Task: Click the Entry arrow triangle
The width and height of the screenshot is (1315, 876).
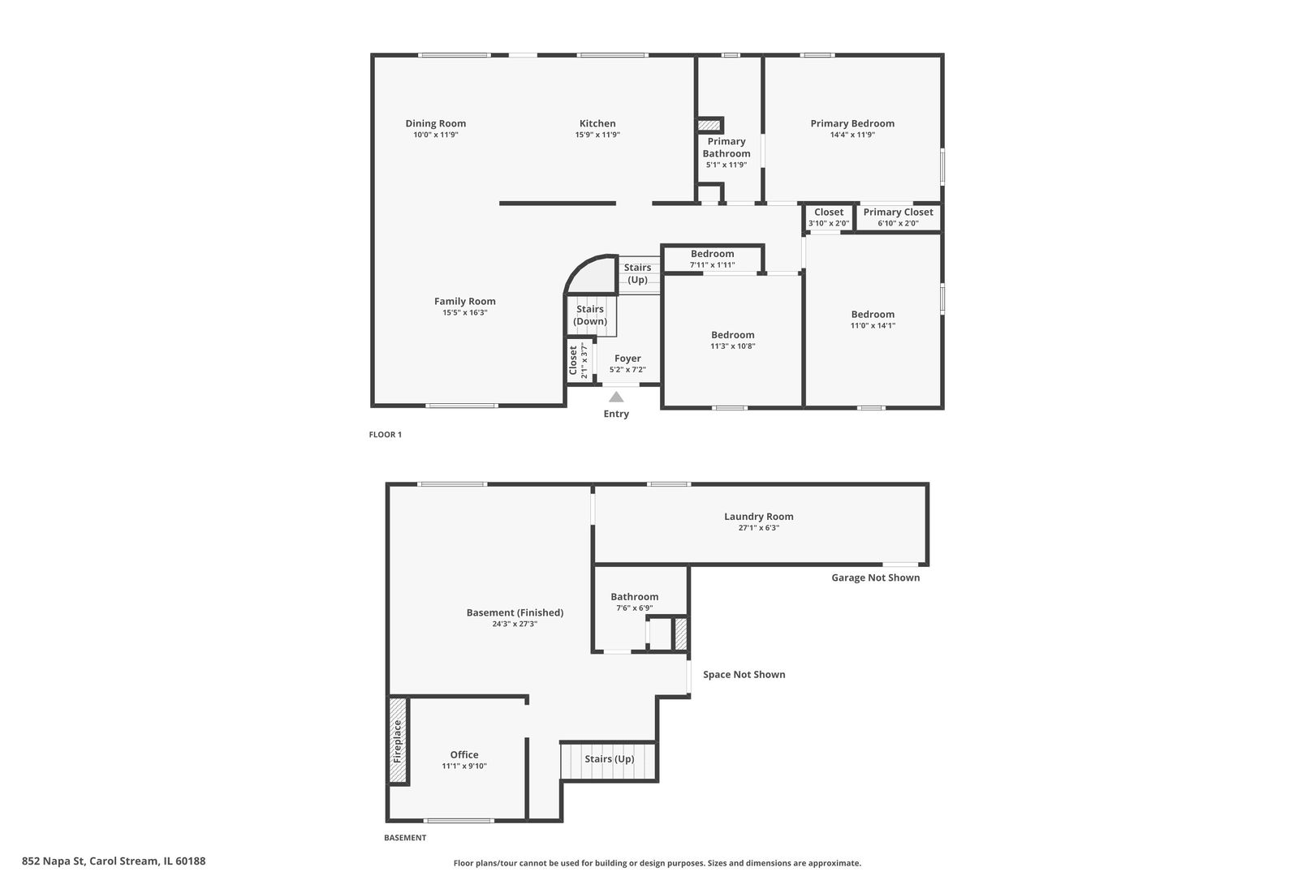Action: (616, 397)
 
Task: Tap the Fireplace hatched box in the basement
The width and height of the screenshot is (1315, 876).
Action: (398, 740)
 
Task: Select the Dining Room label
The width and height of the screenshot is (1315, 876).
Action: (436, 123)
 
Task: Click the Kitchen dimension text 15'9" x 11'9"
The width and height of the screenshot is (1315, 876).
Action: (597, 135)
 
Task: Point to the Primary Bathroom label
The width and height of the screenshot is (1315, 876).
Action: (726, 147)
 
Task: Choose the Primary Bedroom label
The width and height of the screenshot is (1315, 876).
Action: (852, 123)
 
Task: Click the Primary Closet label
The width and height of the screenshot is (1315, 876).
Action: (898, 212)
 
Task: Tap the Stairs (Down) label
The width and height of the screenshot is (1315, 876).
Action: (590, 315)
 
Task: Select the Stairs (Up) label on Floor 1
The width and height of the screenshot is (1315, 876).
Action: (637, 273)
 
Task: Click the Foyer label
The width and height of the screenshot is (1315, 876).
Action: (627, 358)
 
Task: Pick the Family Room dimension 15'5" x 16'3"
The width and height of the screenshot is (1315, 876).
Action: (464, 312)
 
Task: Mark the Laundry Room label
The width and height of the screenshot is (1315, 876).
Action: (759, 516)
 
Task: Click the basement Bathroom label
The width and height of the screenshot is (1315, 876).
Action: (635, 596)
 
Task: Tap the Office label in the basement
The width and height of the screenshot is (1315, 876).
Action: (464, 754)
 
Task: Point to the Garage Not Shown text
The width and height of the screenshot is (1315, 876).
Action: (876, 578)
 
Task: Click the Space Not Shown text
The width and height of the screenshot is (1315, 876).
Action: (744, 674)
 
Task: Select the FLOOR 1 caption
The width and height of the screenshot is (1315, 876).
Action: (386, 435)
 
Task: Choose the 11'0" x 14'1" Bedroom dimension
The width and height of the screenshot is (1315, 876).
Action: (873, 325)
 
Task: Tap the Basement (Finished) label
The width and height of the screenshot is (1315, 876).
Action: (515, 612)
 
